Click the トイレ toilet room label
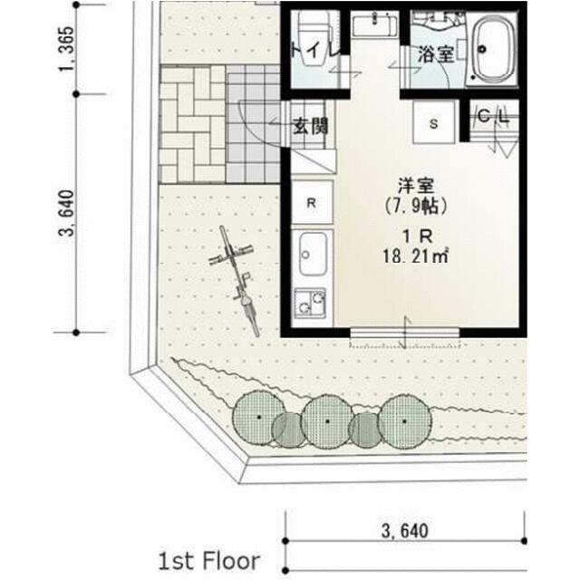315,50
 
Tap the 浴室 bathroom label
436,54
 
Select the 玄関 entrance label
310,126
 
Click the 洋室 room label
416,186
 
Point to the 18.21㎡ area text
415,256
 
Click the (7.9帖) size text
416,206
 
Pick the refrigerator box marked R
312,202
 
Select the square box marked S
433,122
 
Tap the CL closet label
493,117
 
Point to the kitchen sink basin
313,254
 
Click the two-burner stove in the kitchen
310,303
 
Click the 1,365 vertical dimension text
67,49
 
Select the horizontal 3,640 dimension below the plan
405,531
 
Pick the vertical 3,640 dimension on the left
67,213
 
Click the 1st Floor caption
209,561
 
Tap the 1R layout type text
417,236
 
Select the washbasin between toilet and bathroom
374,24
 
